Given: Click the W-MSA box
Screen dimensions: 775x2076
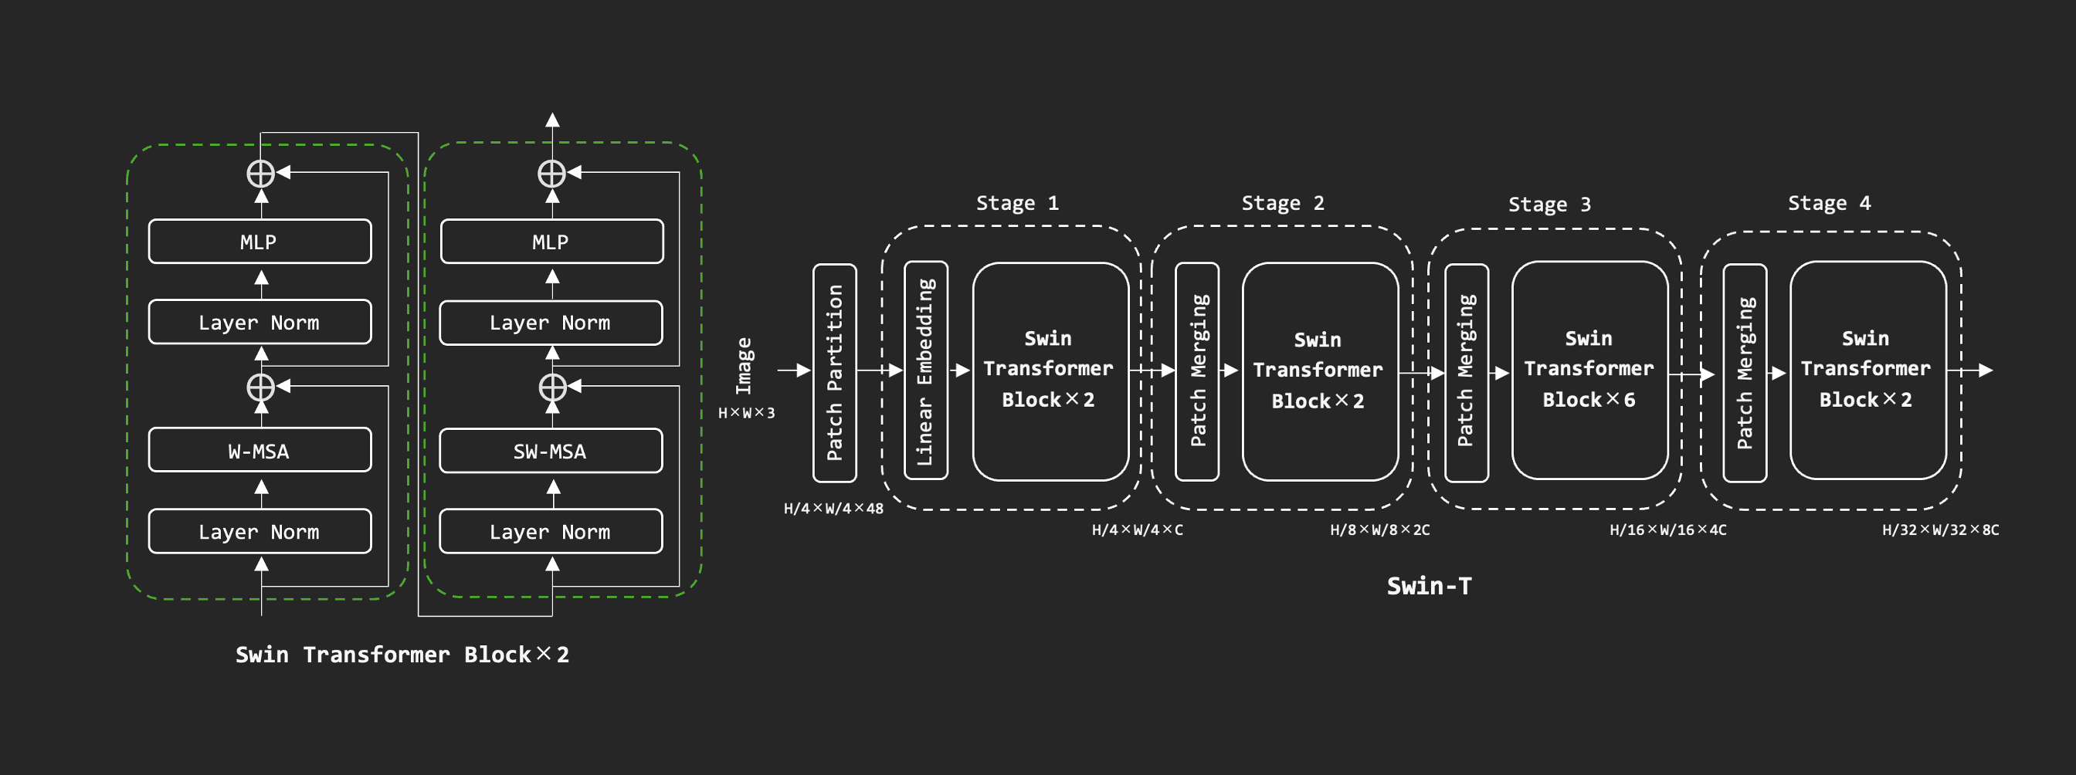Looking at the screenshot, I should point(259,450).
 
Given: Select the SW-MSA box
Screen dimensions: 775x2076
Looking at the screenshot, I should point(551,451).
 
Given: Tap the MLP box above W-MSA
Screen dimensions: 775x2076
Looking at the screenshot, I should point(259,242).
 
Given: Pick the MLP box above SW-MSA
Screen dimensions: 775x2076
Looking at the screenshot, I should point(551,242).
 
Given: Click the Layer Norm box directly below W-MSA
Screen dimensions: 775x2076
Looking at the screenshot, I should point(259,532).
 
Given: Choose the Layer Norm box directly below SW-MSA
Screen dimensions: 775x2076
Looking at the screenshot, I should point(551,532).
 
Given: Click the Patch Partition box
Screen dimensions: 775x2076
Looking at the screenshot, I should point(834,373).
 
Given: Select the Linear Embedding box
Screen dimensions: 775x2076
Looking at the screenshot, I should point(925,371).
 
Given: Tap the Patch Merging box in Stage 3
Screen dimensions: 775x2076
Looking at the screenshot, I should point(1466,372).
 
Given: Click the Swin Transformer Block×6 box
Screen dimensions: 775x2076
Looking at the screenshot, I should point(1589,370).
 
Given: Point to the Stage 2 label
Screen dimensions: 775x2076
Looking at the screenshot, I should point(1282,203).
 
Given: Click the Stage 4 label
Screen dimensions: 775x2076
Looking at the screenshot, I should point(1829,203).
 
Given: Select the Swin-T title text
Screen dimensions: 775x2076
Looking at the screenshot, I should point(1428,586).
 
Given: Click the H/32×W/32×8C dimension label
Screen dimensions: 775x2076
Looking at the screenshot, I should point(1940,530).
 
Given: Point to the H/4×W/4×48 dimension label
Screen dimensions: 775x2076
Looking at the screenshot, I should point(833,509).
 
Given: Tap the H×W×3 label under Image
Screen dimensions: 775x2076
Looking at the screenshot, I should point(746,413).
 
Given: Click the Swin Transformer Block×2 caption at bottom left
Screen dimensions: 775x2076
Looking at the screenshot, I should point(402,654).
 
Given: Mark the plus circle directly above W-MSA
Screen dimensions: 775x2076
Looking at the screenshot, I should point(260,387).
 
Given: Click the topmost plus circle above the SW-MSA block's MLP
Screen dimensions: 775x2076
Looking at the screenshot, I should point(552,173).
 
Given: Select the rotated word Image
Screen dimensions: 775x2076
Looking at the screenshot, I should point(744,367).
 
